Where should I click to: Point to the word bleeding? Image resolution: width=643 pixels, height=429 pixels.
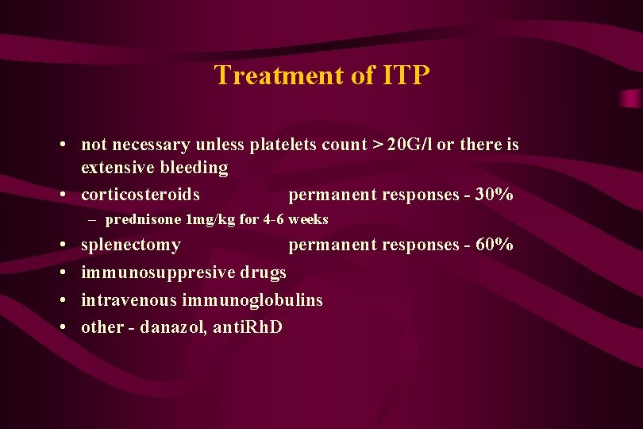point(194,168)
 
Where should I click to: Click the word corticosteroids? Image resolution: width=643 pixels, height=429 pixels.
point(141,195)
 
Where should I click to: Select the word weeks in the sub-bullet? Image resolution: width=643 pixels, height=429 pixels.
point(308,219)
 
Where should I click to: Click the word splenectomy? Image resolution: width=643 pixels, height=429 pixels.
point(131,245)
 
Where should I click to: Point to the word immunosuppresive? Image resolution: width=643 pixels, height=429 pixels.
point(157,272)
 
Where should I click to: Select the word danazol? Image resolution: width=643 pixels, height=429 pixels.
point(173,327)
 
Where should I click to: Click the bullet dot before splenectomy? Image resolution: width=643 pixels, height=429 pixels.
point(61,245)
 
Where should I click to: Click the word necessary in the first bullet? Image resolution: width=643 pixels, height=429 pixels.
point(148,145)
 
